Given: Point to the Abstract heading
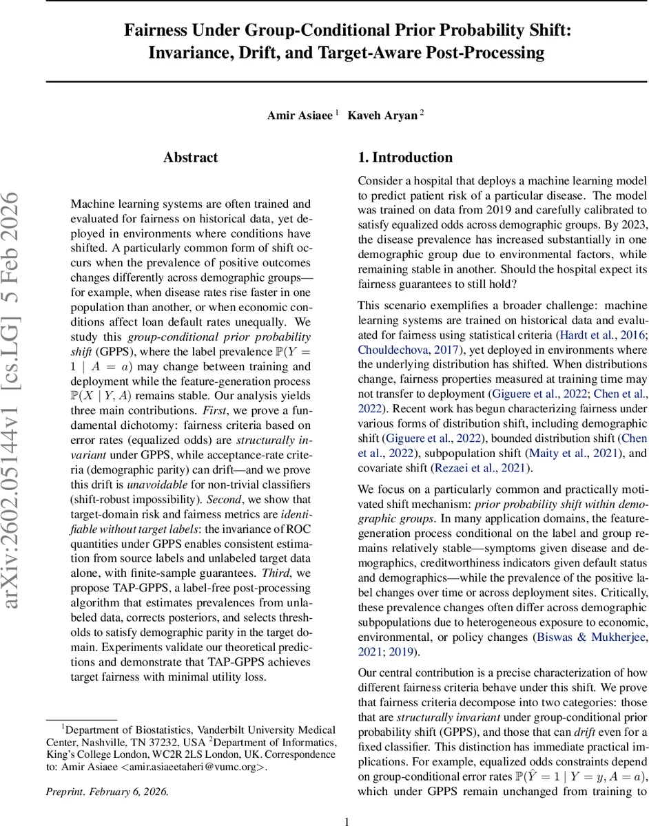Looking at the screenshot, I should pyautogui.click(x=191, y=158).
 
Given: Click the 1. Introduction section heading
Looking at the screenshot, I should pyautogui.click(x=405, y=158).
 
